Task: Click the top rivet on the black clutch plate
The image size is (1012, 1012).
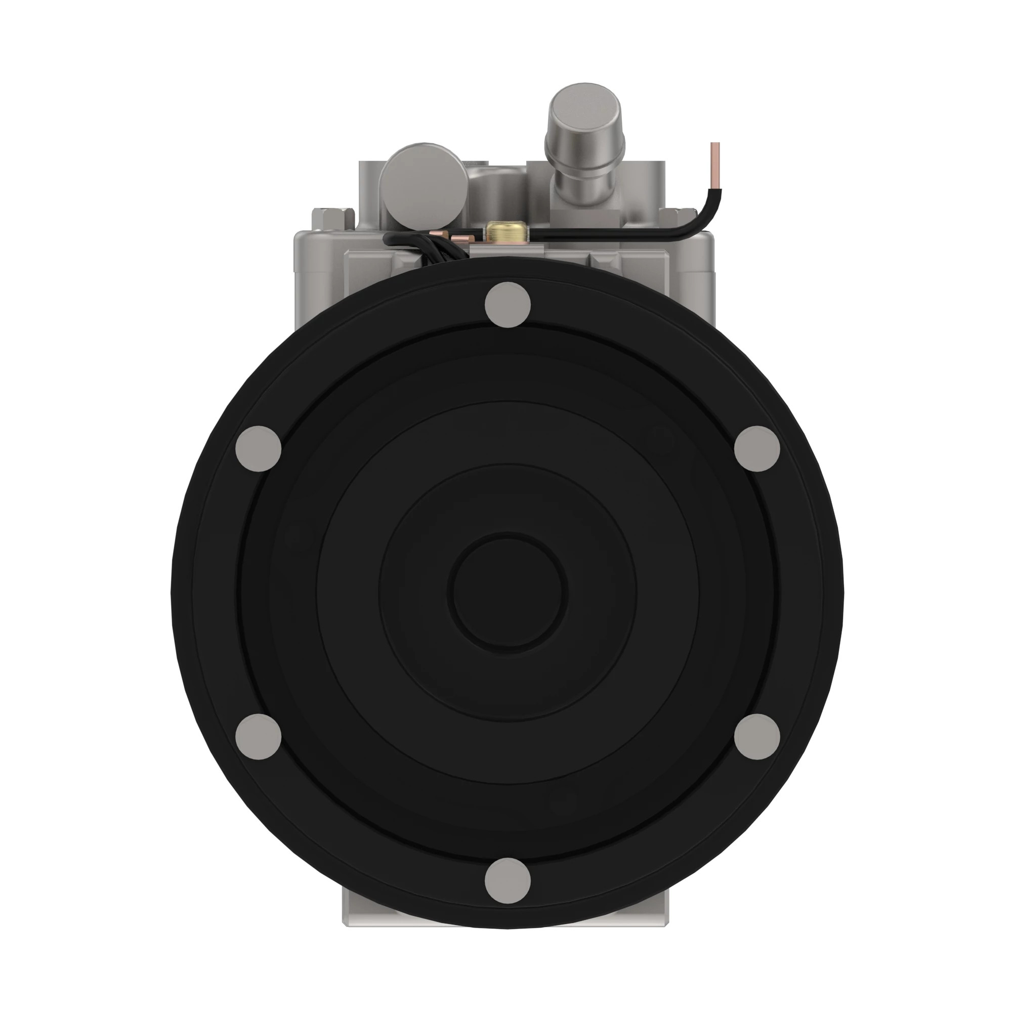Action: (x=508, y=304)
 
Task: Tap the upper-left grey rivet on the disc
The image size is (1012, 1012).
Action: (x=258, y=448)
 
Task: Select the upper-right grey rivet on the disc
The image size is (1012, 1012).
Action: (x=757, y=448)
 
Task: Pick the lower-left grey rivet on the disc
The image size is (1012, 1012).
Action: (x=258, y=736)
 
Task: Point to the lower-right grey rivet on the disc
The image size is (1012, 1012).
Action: (x=757, y=736)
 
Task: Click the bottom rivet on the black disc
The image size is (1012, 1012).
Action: (x=508, y=880)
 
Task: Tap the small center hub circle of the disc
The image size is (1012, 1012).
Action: (x=508, y=592)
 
